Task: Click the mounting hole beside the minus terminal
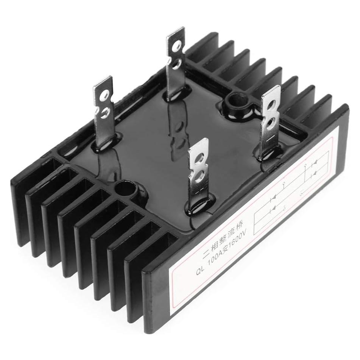(x=231, y=101)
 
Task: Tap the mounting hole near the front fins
(x=125, y=188)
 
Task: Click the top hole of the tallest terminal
(x=176, y=46)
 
